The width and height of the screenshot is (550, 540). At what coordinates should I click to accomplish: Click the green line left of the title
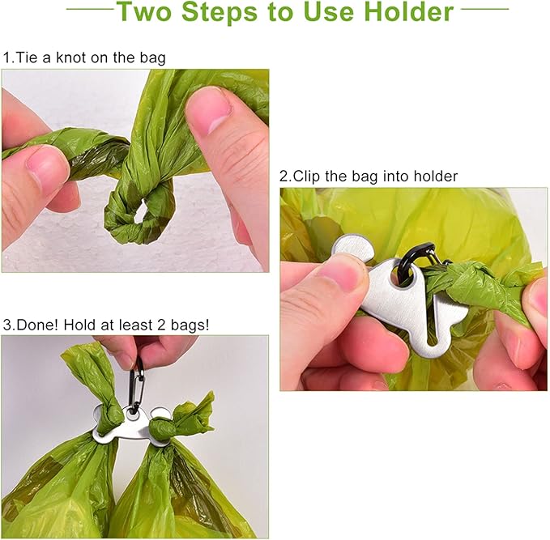pos(88,10)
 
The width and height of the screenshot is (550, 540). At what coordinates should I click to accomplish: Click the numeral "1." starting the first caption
pos(8,58)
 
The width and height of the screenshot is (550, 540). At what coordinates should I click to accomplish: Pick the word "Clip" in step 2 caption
pos(308,176)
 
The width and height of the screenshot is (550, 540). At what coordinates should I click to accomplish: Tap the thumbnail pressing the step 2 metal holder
pos(344,273)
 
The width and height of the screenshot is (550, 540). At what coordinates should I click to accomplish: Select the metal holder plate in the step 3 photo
pos(134,426)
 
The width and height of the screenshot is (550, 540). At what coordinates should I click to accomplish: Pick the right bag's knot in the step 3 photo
pos(190,417)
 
